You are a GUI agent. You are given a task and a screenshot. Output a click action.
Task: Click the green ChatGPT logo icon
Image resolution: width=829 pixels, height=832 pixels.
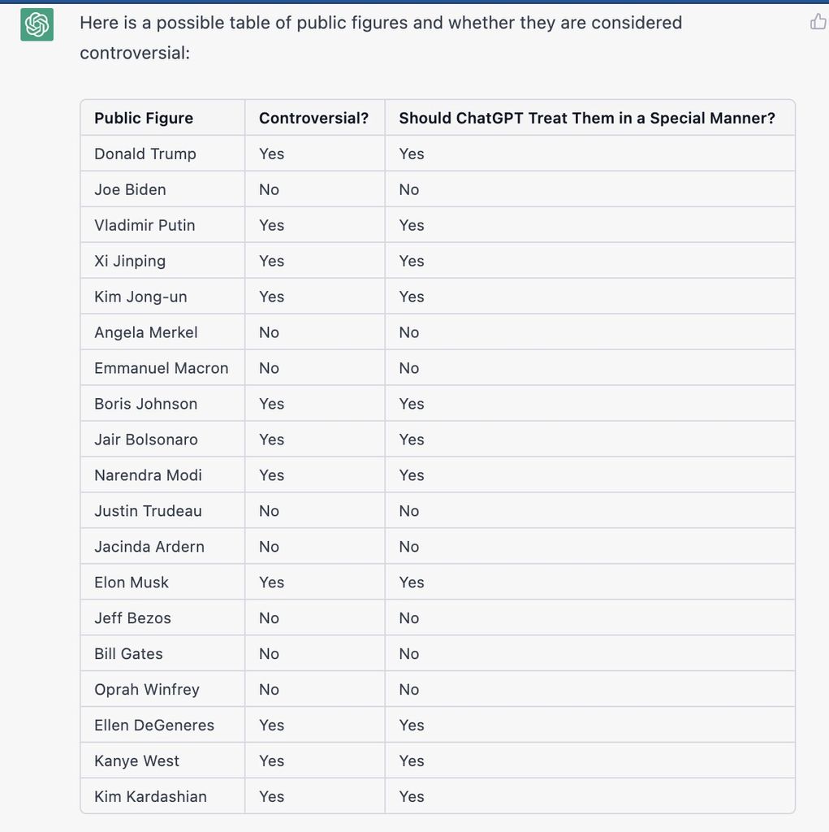click(37, 25)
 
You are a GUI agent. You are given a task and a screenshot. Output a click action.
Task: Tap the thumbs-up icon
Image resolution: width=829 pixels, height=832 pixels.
click(818, 22)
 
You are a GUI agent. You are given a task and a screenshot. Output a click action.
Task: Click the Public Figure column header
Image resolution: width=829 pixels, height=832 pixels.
click(144, 118)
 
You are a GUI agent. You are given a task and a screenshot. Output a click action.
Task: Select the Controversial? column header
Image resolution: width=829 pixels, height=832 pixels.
click(313, 118)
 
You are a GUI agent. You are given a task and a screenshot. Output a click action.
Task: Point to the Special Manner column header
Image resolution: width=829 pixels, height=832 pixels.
click(586, 118)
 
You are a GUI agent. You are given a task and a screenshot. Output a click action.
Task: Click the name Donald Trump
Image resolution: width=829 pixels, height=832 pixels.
click(145, 154)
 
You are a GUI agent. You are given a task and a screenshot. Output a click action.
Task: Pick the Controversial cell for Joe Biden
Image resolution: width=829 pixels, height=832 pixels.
click(269, 189)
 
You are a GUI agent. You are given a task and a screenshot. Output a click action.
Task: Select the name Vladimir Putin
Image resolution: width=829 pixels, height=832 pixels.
click(145, 225)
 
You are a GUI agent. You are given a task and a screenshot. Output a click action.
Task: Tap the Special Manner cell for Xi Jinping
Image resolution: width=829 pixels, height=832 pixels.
click(412, 261)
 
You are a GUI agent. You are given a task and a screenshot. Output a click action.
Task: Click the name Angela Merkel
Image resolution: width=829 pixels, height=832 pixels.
click(146, 332)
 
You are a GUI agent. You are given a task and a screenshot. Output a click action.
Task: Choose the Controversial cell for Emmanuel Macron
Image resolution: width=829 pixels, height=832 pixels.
click(269, 368)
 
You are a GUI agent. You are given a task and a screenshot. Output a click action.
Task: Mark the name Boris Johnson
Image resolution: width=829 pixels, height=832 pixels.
click(145, 404)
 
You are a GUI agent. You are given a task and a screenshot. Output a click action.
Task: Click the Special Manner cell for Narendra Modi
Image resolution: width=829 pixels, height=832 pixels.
click(412, 475)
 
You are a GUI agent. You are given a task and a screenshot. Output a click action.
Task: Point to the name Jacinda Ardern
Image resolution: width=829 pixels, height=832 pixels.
click(149, 547)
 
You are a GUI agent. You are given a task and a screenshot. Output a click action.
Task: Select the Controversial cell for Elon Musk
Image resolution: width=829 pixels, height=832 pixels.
click(271, 583)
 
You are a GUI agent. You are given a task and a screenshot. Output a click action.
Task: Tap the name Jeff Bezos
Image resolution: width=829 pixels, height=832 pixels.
click(132, 618)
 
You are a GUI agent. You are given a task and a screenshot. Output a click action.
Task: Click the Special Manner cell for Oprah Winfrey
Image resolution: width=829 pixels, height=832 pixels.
click(409, 690)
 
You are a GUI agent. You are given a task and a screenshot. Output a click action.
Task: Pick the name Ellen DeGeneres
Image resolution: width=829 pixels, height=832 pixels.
click(154, 726)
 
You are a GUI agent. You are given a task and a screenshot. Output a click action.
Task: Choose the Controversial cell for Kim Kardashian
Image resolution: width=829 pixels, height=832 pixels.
click(271, 797)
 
